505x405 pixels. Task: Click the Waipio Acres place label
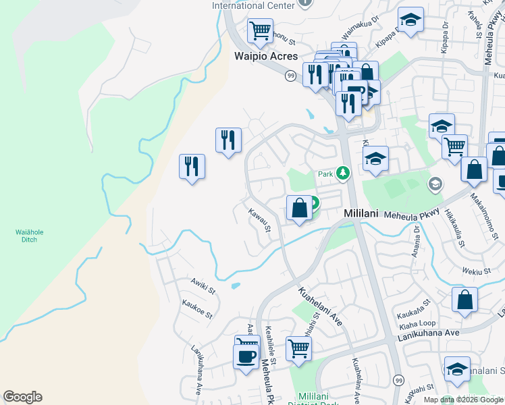pos(265,57)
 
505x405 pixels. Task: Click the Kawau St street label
pos(259,221)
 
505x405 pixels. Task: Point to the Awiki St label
pos(202,287)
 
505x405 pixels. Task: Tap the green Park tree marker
pos(343,173)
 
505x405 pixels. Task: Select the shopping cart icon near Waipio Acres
pos(260,30)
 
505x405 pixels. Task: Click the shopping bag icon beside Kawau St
pos(299,208)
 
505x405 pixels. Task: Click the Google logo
pos(22,397)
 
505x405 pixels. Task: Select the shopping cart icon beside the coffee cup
pos(298,348)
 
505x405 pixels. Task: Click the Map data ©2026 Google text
pos(463,400)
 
